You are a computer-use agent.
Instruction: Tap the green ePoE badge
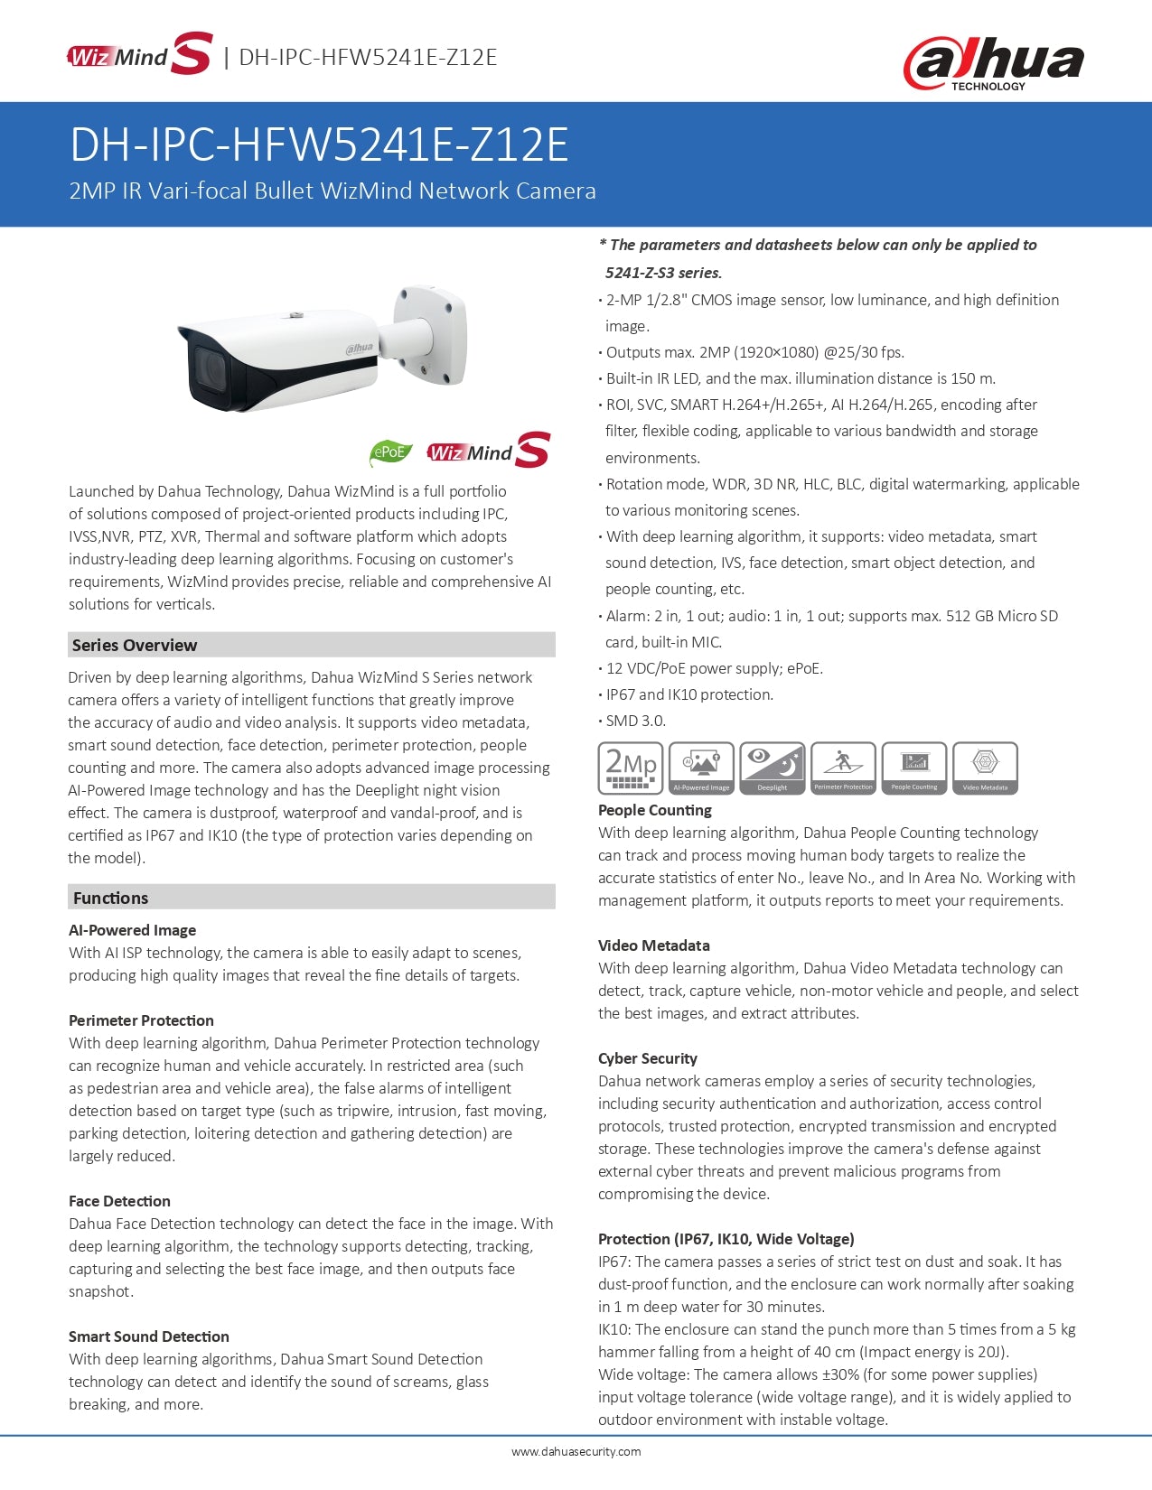390,452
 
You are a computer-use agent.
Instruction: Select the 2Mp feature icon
631,768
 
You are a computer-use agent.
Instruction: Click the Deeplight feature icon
772,768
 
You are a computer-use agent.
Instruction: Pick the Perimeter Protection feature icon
843,768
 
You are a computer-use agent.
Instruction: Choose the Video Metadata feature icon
985,768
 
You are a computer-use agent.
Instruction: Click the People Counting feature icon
914,768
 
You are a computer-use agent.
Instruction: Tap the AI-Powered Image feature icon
701,768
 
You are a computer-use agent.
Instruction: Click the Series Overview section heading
135,645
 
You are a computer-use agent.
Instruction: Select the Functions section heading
110,898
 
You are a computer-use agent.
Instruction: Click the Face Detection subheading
119,1201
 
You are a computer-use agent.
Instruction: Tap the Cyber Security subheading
648,1058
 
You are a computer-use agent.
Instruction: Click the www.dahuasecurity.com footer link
576,1452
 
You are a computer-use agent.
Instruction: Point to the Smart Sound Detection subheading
149,1336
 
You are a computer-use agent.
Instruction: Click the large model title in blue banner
319,144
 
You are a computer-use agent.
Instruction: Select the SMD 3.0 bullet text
636,721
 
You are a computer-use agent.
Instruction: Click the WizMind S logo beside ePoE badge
488,451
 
